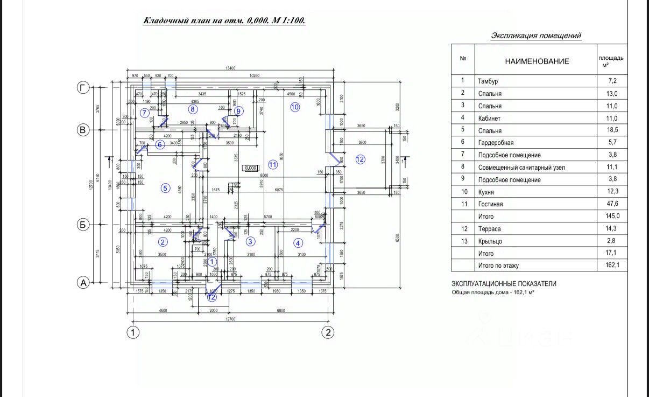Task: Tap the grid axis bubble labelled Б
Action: point(82,225)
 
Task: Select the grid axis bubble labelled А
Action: point(82,283)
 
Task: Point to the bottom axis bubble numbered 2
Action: point(328,332)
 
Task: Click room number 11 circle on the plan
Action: point(273,164)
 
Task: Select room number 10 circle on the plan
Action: point(294,107)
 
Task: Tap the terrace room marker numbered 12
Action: point(360,159)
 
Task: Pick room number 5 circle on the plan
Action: point(165,188)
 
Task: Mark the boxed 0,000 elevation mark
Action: point(251,168)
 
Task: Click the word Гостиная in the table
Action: point(490,204)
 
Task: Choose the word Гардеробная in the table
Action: point(495,143)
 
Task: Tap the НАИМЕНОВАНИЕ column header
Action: point(537,61)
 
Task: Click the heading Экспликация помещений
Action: point(536,36)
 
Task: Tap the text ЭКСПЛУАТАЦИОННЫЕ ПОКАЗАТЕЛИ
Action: point(504,284)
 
